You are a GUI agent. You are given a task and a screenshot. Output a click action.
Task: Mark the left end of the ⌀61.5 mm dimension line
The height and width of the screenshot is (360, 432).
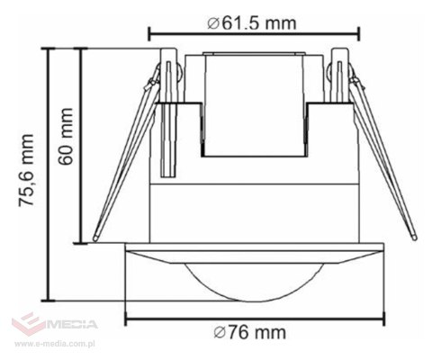pyautogui.click(x=148, y=36)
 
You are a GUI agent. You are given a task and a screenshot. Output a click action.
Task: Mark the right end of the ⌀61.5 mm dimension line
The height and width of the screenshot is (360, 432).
pyautogui.click(x=360, y=36)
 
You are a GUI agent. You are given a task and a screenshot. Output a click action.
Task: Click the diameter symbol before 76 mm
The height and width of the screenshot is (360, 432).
pyautogui.click(x=220, y=333)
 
